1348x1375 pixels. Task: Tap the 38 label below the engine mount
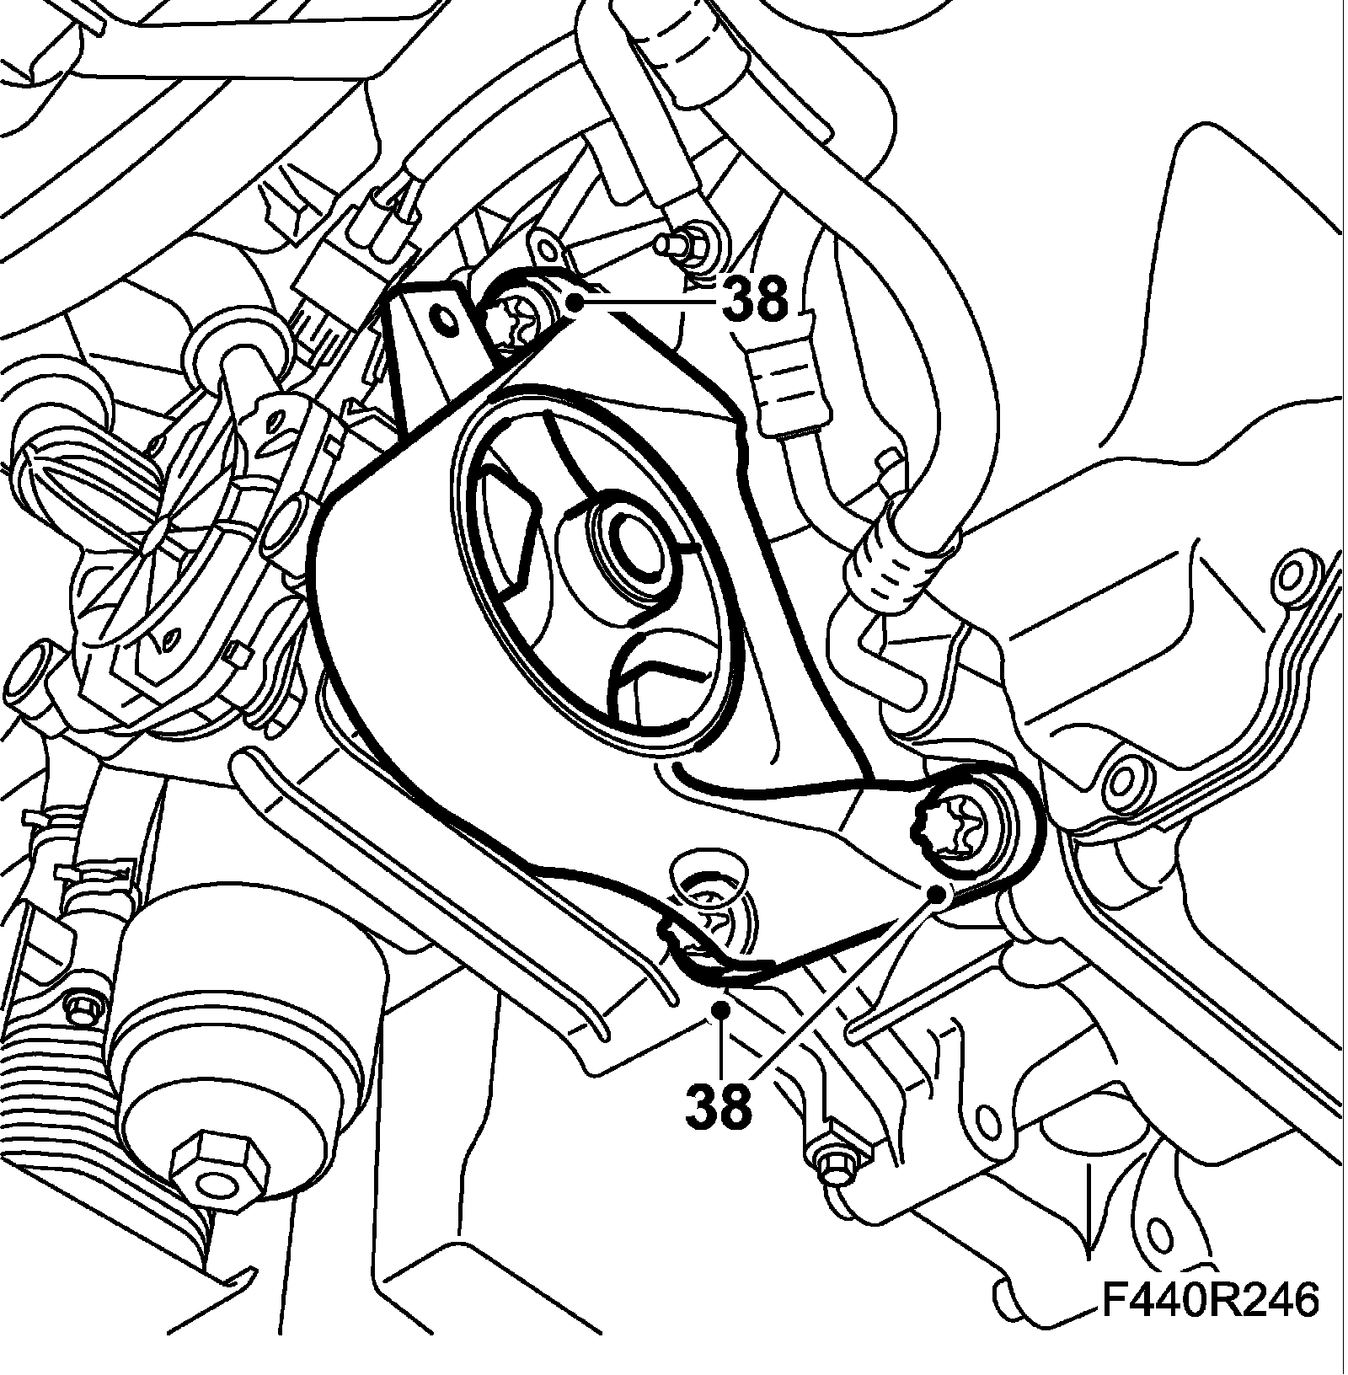pos(718,1105)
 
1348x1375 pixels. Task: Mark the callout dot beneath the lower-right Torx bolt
pos(935,893)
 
